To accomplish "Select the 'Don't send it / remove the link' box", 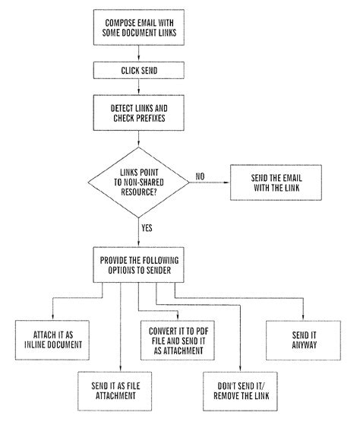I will click(x=242, y=389).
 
